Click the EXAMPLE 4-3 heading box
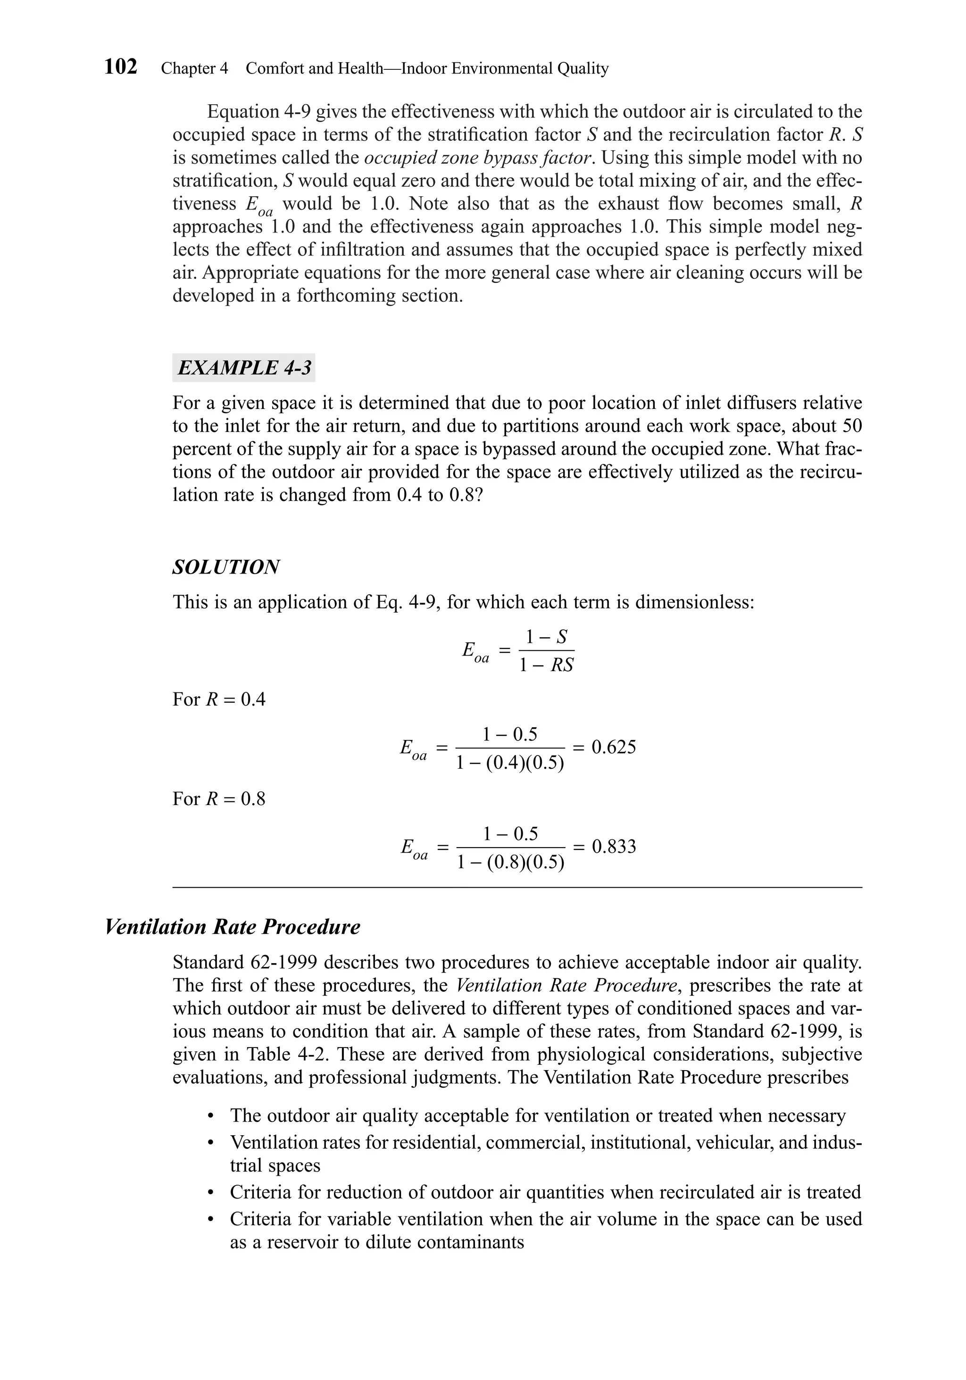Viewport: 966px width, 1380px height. click(x=244, y=368)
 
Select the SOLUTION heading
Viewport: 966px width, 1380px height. click(x=226, y=567)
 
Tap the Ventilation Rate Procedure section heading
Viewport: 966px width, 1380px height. click(x=233, y=927)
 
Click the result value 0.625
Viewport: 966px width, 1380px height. click(x=614, y=747)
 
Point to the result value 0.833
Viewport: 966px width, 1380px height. click(x=614, y=847)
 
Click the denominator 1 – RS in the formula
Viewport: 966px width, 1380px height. click(x=546, y=665)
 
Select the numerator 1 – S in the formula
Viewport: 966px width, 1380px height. click(x=546, y=637)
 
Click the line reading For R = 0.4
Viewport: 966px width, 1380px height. click(x=219, y=699)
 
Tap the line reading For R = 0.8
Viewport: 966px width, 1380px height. click(x=219, y=799)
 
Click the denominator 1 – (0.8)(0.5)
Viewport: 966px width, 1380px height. click(x=510, y=863)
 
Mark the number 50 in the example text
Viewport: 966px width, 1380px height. click(x=852, y=426)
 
